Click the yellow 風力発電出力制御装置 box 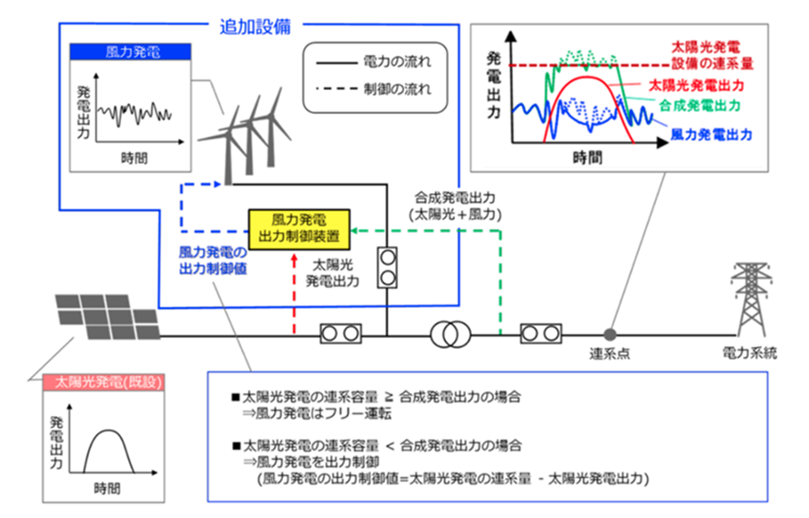pyautogui.click(x=299, y=229)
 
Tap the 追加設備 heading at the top pyautogui.click(x=254, y=26)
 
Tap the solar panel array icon pyautogui.click(x=106, y=318)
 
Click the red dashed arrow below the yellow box pyautogui.click(x=294, y=291)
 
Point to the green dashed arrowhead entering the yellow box pyautogui.click(x=357, y=230)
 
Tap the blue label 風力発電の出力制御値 pyautogui.click(x=212, y=259)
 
